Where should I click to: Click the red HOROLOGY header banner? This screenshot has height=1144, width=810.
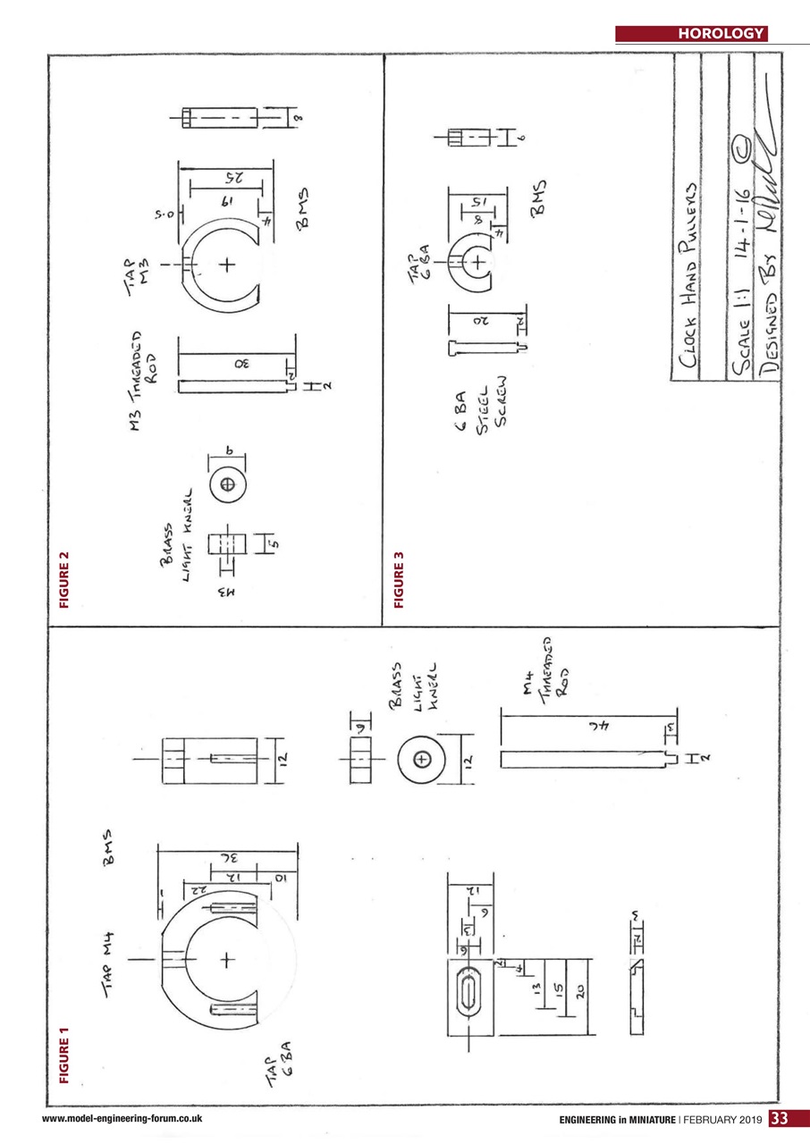coord(691,35)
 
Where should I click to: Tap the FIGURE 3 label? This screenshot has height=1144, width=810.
coord(399,582)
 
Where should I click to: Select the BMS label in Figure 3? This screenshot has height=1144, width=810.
coord(539,199)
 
